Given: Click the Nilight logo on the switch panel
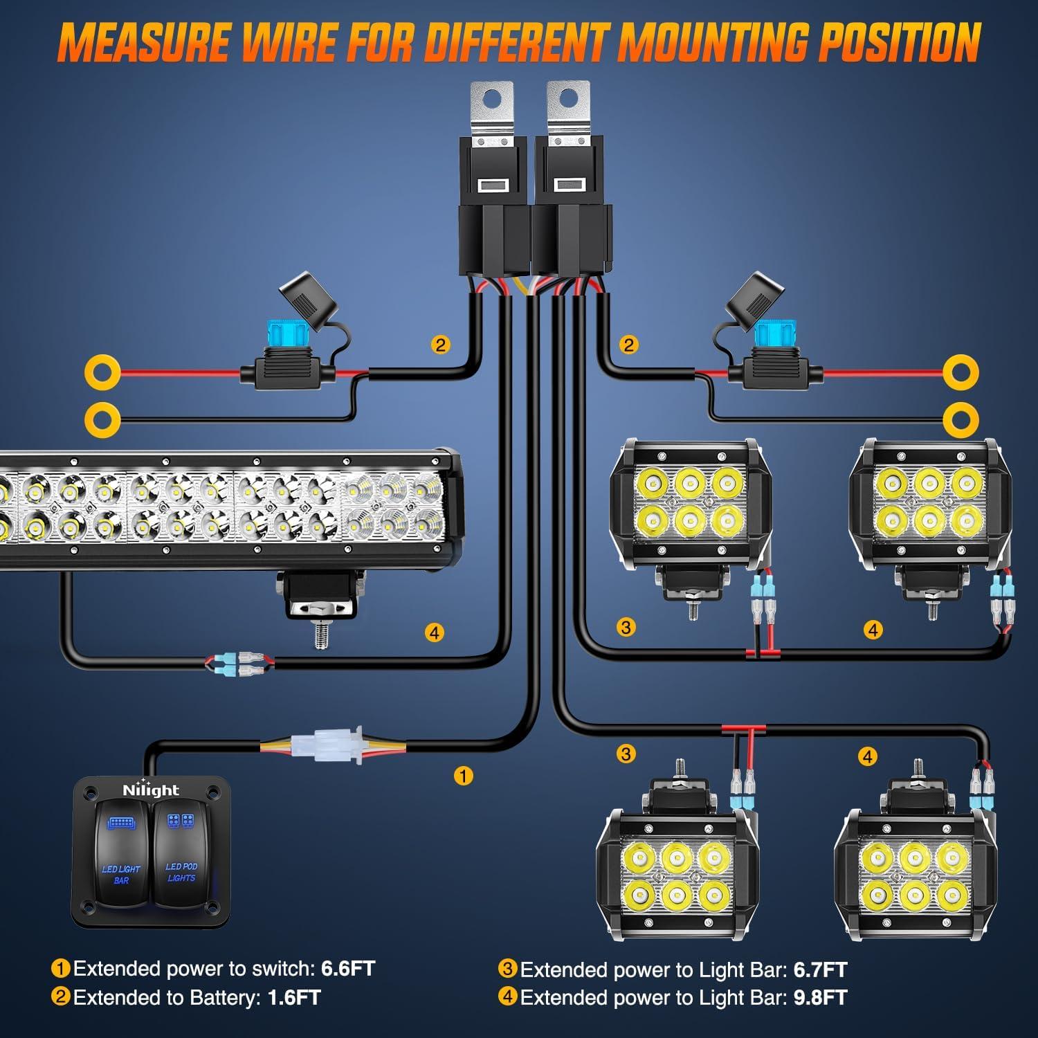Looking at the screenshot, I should click(x=150, y=790).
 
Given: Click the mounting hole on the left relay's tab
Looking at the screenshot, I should click(x=493, y=99).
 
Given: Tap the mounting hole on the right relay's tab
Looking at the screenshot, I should click(x=569, y=99).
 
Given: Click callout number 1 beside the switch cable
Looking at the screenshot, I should click(x=463, y=775).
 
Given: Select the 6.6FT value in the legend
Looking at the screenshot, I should click(x=348, y=968).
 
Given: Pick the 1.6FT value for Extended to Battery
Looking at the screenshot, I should click(x=294, y=997).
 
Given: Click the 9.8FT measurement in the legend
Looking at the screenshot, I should click(x=820, y=997).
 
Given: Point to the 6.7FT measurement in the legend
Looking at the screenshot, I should click(x=820, y=969).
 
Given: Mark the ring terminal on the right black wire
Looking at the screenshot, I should click(x=960, y=419).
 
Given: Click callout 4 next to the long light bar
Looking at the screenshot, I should click(x=434, y=632).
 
